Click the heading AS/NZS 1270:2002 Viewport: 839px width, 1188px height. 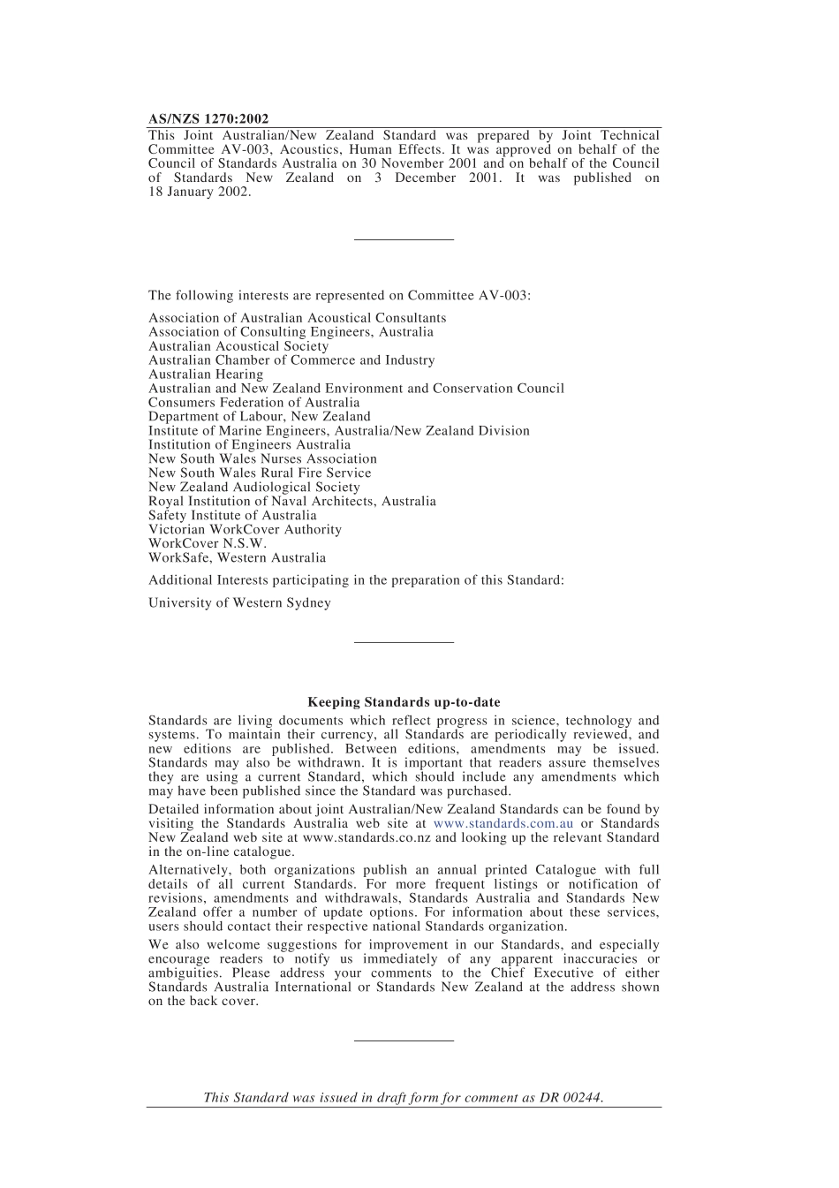tap(208, 118)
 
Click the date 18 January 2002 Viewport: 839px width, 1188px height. tap(199, 192)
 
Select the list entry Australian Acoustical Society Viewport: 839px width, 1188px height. tap(238, 346)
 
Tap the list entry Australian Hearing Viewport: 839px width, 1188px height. tap(206, 375)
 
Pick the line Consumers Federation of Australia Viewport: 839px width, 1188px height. tap(253, 403)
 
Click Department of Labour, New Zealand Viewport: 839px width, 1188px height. tap(259, 417)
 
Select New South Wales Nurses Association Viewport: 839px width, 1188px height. tap(262, 459)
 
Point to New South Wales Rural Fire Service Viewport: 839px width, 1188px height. tap(260, 473)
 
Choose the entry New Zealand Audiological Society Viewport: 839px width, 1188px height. tap(253, 488)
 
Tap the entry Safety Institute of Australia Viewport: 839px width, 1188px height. tap(232, 516)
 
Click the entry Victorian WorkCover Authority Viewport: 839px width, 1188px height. tap(245, 530)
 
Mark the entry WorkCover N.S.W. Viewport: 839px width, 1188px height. tap(207, 544)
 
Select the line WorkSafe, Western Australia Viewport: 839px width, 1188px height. tap(237, 558)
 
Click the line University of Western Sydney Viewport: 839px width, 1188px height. tap(239, 603)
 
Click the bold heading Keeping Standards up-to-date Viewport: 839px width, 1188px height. tap(404, 702)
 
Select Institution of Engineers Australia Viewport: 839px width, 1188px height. tap(249, 445)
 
